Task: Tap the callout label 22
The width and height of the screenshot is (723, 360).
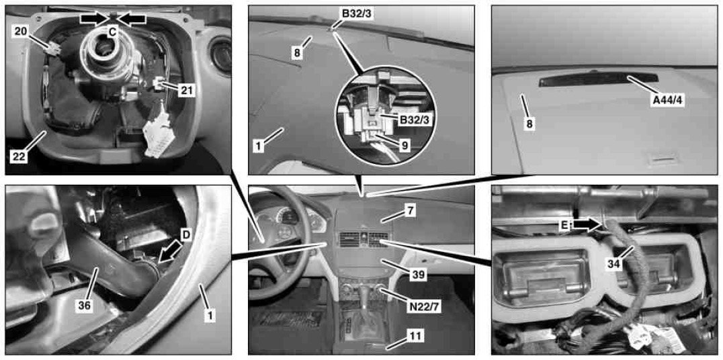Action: [19, 156]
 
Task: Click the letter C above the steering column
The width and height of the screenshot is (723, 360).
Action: [112, 32]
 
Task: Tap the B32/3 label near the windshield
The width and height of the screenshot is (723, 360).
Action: [356, 13]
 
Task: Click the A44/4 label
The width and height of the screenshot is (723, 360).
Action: [667, 100]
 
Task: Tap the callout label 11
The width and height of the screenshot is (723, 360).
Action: [415, 336]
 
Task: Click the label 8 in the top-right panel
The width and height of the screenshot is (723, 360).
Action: [529, 124]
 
